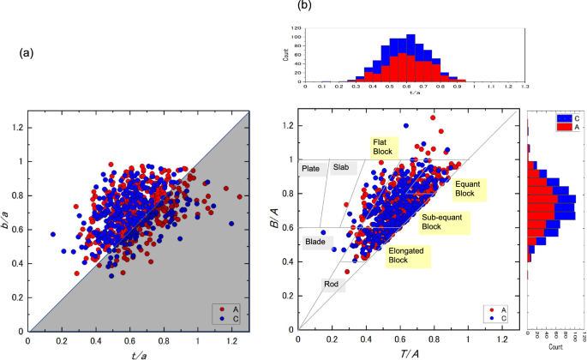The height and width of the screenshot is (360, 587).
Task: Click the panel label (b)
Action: tap(302, 6)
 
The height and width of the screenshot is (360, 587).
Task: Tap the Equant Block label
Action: tap(470, 188)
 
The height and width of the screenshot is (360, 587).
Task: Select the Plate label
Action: tap(310, 168)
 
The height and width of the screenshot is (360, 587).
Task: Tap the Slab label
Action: tap(341, 167)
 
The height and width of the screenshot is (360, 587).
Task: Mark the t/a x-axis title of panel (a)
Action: tap(137, 352)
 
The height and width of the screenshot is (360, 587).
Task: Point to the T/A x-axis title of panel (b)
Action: tap(409, 352)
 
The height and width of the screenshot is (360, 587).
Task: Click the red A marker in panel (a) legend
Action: tap(225, 308)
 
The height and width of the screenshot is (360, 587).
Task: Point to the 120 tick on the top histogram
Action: tap(297, 27)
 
